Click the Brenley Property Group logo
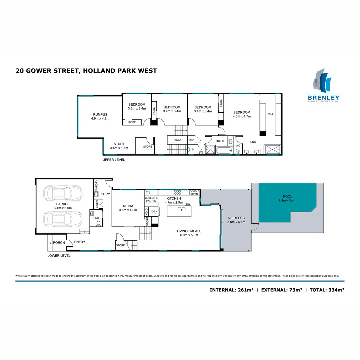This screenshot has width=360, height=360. pos(322,86)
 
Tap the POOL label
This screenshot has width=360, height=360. pos(287,199)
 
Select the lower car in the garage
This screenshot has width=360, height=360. pos(63,219)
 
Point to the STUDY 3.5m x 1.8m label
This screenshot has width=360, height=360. pos(119,146)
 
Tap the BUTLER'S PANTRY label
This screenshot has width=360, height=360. pos(151,199)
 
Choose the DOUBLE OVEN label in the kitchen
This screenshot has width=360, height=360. pos(194,193)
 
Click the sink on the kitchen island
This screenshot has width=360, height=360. pos(182,209)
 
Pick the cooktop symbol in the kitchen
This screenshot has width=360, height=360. pos(177,192)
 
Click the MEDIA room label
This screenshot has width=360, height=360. pos(128,208)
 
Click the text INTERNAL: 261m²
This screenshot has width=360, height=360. pos(231,290)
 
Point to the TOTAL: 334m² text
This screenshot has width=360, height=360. pos(327,290)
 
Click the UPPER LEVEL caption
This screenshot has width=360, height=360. pos(114,160)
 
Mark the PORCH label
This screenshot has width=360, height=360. pos(59,242)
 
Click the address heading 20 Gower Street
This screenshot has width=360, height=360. pos(86,71)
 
